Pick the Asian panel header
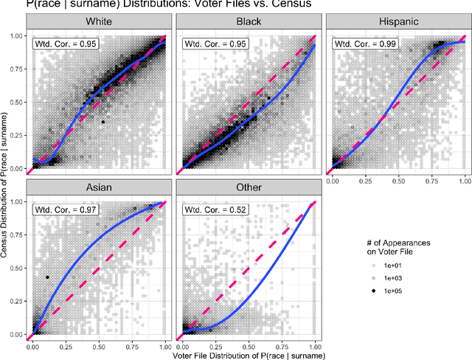100,187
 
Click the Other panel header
249,187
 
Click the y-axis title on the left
6,181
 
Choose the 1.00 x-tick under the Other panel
315,345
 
